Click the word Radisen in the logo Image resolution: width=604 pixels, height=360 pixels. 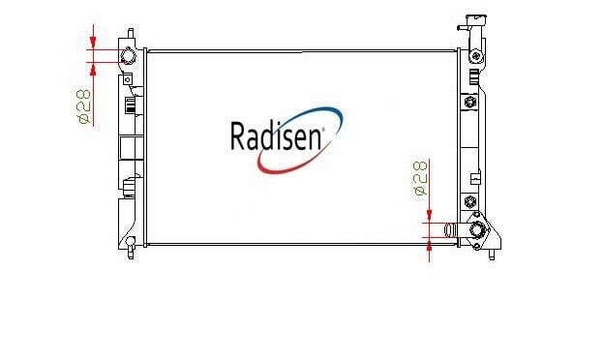tap(276, 135)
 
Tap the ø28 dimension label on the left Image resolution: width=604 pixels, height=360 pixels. tap(84, 106)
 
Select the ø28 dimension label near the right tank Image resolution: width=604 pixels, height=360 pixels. tap(420, 178)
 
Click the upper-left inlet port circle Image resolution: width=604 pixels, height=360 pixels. tap(128, 56)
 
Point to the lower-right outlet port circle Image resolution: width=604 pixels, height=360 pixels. tap(476, 230)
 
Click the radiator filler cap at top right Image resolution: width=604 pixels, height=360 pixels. tap(475, 20)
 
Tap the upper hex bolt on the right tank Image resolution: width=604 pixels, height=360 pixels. tap(470, 102)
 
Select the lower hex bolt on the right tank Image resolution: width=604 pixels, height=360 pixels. tap(470, 201)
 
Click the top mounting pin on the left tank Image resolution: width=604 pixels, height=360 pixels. tap(131, 33)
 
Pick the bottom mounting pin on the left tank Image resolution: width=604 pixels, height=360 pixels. tap(131, 253)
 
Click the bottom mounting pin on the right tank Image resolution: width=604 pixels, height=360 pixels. tap(492, 255)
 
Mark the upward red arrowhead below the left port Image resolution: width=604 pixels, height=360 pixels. tap(93, 69)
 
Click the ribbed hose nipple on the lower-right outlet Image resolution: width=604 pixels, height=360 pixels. tap(450, 230)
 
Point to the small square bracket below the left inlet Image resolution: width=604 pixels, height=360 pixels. tap(127, 79)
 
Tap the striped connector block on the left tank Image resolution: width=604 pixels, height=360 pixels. tap(131, 105)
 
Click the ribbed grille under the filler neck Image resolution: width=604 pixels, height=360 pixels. tap(474, 77)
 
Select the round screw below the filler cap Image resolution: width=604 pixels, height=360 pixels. tap(476, 56)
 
